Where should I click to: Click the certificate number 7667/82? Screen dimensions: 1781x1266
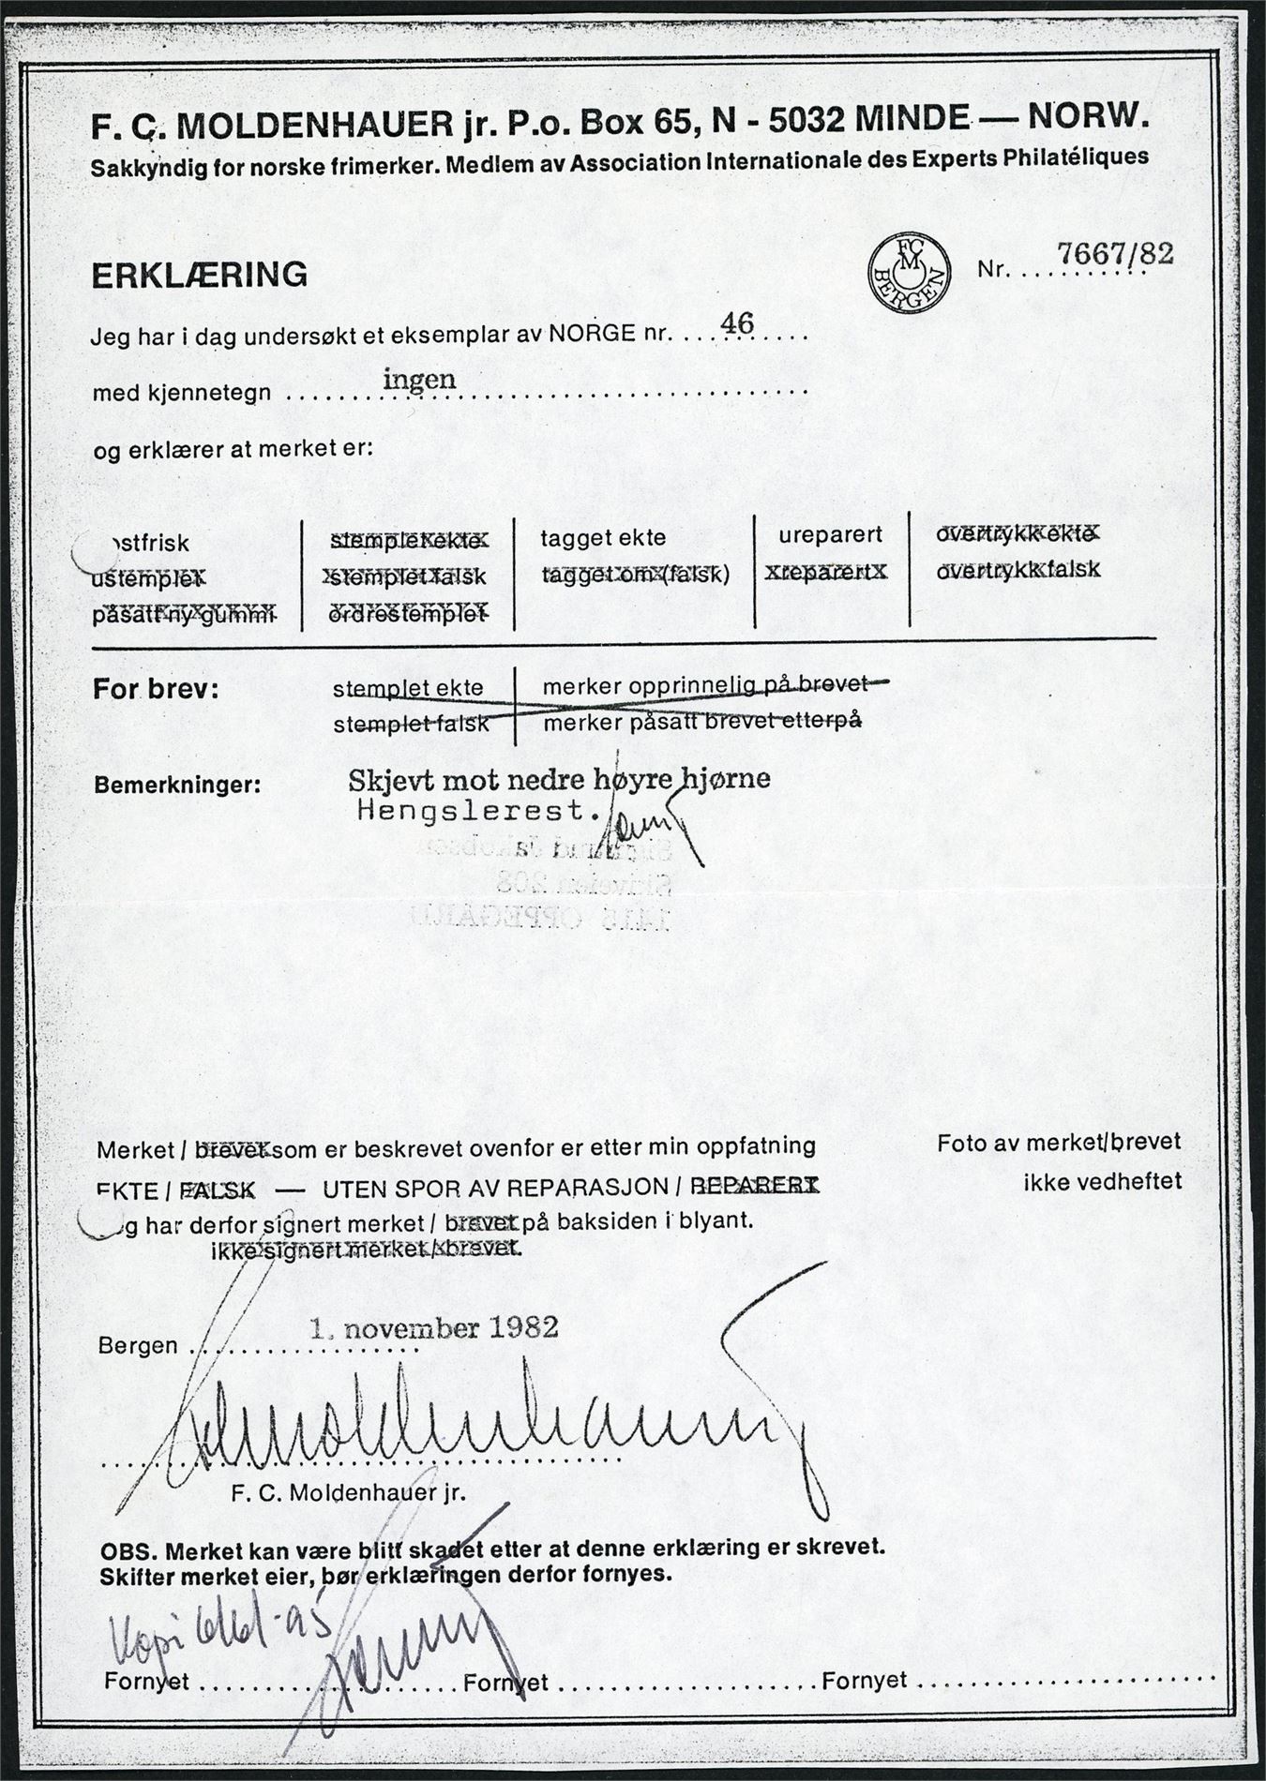tap(1115, 253)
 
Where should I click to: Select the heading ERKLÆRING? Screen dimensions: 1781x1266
tap(199, 275)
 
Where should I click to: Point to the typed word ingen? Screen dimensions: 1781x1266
tap(420, 379)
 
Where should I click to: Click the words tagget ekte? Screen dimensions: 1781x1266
tap(603, 538)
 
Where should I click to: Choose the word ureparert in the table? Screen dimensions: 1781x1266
tap(830, 535)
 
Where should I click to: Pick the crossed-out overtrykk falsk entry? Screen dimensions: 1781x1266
tap(1018, 569)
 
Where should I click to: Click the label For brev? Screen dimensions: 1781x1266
tap(156, 690)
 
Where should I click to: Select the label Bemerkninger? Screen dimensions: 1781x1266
tap(177, 784)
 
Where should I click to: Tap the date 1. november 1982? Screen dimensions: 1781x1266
tap(435, 1326)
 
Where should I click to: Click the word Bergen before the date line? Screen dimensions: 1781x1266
tap(138, 1346)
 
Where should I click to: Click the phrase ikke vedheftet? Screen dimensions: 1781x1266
tap(1102, 1182)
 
